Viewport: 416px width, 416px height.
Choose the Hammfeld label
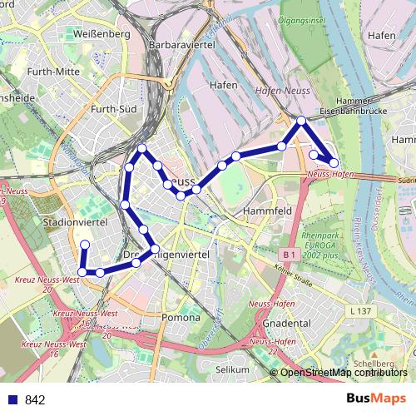coord(265,212)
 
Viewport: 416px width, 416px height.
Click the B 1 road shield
coord(290,253)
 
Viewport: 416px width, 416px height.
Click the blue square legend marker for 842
coord(13,399)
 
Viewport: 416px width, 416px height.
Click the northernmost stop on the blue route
coord(301,121)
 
